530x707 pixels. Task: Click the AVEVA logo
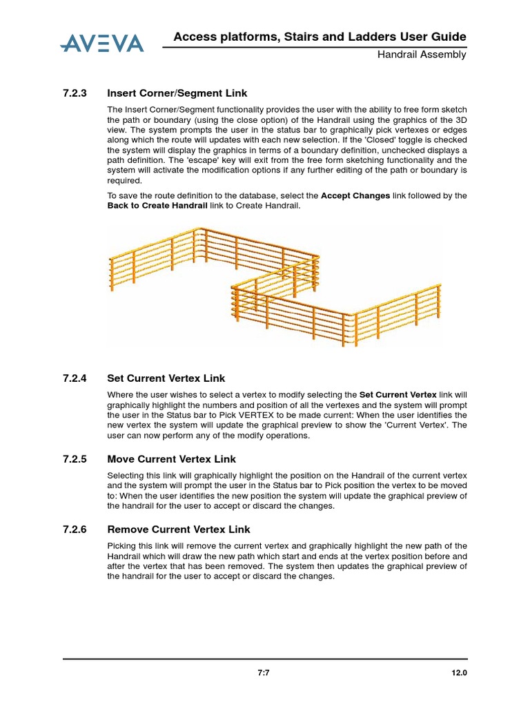102,43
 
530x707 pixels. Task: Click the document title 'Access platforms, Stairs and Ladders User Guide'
320,37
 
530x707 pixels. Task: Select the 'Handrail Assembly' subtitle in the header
421,55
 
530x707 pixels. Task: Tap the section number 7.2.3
75,93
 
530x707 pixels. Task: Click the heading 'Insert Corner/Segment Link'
177,93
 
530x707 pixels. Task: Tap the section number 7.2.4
75,378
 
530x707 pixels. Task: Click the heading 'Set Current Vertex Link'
166,378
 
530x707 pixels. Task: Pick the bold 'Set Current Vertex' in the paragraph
398,394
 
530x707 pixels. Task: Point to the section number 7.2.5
75,459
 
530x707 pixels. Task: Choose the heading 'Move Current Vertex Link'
172,459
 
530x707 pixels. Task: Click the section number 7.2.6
75,530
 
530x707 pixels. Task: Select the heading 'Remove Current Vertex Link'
179,530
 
